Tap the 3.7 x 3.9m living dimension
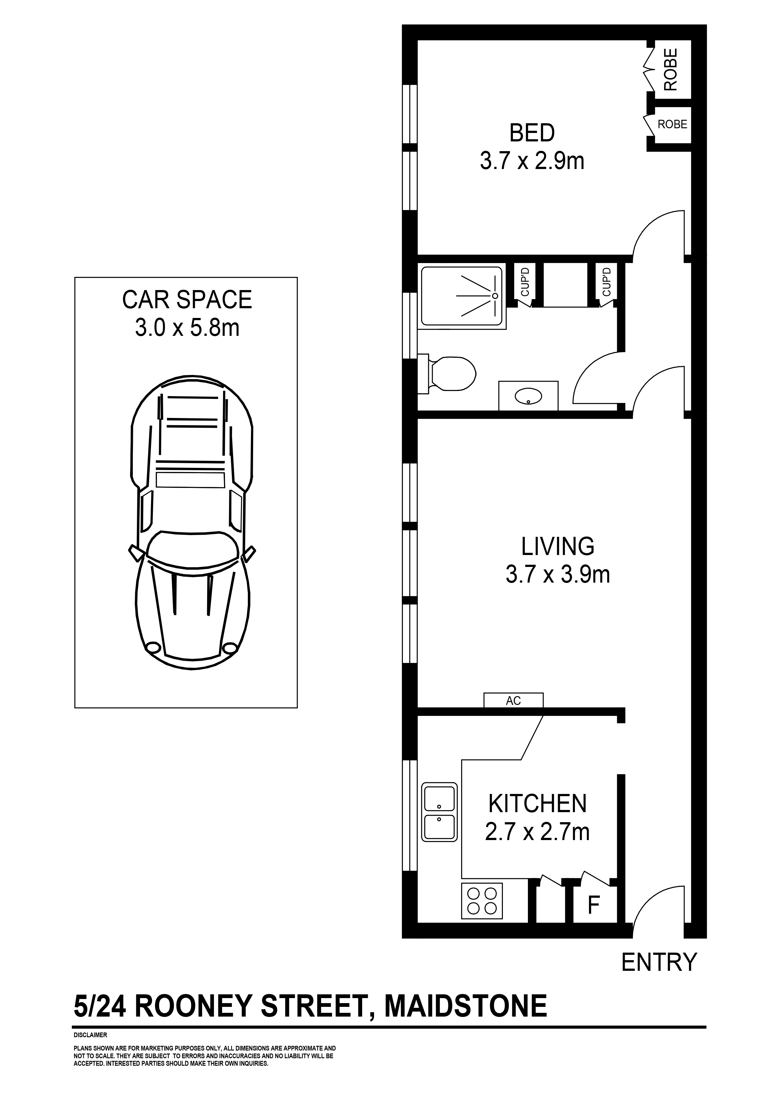(558, 574)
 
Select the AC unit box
(513, 701)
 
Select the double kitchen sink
(439, 812)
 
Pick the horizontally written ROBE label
(672, 124)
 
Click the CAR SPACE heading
(187, 300)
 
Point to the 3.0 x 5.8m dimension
(187, 328)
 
